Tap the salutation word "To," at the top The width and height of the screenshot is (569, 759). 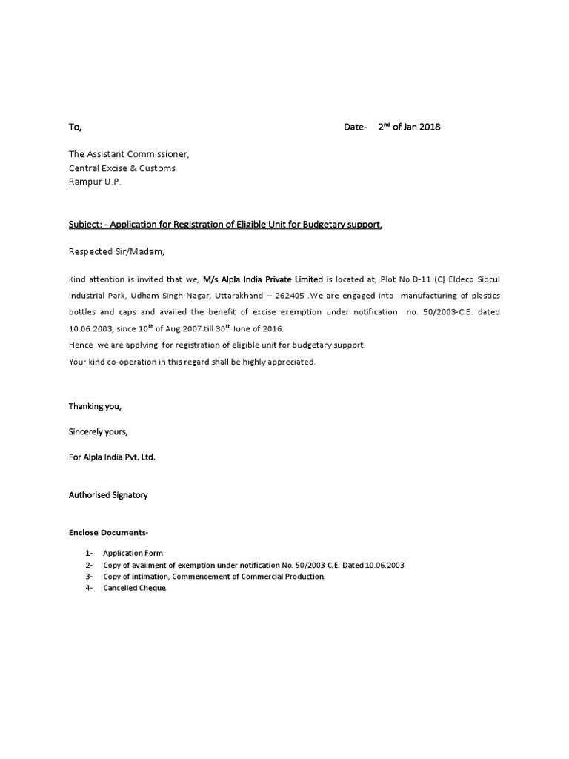tap(75, 127)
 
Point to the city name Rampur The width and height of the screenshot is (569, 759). tap(85, 182)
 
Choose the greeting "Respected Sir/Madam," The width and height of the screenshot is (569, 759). tap(117, 252)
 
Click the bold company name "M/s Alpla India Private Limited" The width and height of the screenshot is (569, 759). tap(263, 279)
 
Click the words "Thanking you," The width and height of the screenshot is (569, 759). tap(95, 406)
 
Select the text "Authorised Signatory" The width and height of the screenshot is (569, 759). tap(108, 494)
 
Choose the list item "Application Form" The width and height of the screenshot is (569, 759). tap(133, 553)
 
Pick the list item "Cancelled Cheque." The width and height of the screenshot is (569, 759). tap(136, 588)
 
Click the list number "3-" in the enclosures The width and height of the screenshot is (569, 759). tap(89, 577)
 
